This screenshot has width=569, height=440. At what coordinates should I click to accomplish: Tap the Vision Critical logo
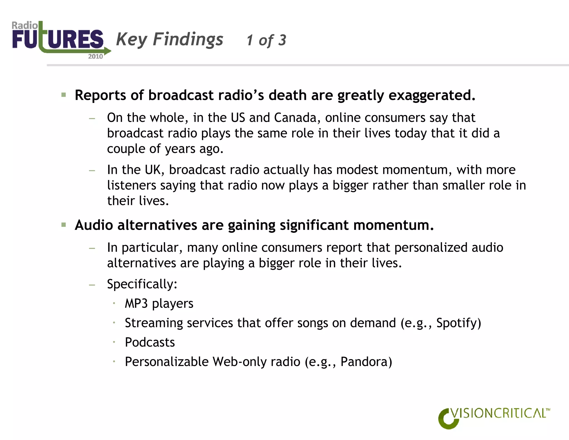click(x=493, y=417)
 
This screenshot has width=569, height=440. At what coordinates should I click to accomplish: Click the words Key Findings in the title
click(x=169, y=39)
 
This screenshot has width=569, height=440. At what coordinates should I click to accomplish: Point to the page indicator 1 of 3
click(x=266, y=40)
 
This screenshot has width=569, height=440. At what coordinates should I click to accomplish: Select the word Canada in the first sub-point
click(x=295, y=118)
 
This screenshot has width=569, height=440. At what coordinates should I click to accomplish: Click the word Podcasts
click(x=150, y=342)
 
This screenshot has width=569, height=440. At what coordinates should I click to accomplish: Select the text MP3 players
click(x=159, y=303)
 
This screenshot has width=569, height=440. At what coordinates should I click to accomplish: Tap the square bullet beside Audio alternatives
click(x=64, y=225)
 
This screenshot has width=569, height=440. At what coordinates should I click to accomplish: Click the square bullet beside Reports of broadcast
click(x=64, y=95)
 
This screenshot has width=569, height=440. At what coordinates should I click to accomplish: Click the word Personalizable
click(x=167, y=362)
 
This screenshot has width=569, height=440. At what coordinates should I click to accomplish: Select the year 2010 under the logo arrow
click(x=95, y=56)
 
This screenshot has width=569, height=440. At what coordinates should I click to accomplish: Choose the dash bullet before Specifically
click(x=92, y=285)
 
